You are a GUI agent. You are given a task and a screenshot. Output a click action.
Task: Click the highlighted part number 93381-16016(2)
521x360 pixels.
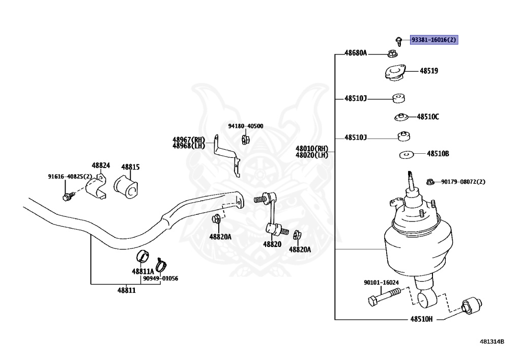click(434, 40)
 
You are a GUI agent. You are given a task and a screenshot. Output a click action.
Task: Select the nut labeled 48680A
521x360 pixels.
click(392, 53)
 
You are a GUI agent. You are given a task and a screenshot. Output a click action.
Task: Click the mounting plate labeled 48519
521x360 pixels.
click(395, 72)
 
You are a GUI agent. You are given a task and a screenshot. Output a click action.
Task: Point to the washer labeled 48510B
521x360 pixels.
click(407, 155)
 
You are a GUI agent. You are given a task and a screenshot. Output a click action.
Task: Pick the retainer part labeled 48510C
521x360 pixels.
click(401, 117)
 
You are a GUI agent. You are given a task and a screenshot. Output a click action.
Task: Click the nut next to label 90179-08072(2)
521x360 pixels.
click(430, 181)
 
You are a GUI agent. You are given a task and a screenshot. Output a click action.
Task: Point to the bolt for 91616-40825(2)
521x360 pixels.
click(68, 196)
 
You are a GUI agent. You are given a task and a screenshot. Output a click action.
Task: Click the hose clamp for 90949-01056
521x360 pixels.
click(161, 265)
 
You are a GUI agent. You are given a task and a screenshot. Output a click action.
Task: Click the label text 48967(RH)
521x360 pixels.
click(189, 140)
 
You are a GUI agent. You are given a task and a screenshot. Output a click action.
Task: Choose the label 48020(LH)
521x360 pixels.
click(312, 155)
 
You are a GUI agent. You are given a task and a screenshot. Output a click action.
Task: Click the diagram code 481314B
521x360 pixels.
click(492, 341)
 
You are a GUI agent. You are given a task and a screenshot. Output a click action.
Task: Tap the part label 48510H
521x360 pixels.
click(421, 319)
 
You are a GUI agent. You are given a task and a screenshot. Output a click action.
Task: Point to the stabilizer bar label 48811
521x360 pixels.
click(127, 291)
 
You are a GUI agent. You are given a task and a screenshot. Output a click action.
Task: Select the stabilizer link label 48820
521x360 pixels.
click(272, 244)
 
